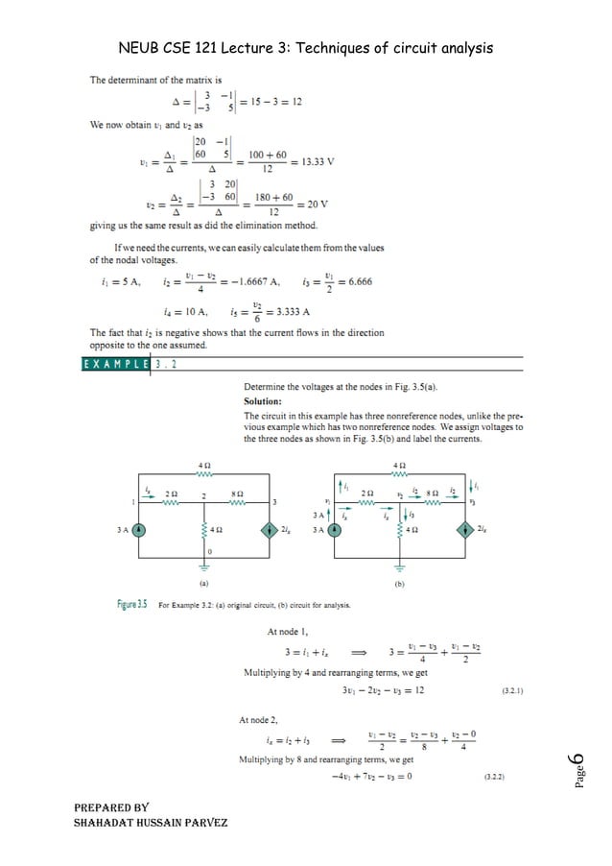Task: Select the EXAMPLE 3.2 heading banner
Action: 133,364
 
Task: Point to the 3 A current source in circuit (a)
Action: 139,528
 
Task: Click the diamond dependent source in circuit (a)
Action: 266,528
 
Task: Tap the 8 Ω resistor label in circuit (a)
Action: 236,492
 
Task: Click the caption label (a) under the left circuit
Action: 204,582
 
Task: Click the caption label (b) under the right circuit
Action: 400,582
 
